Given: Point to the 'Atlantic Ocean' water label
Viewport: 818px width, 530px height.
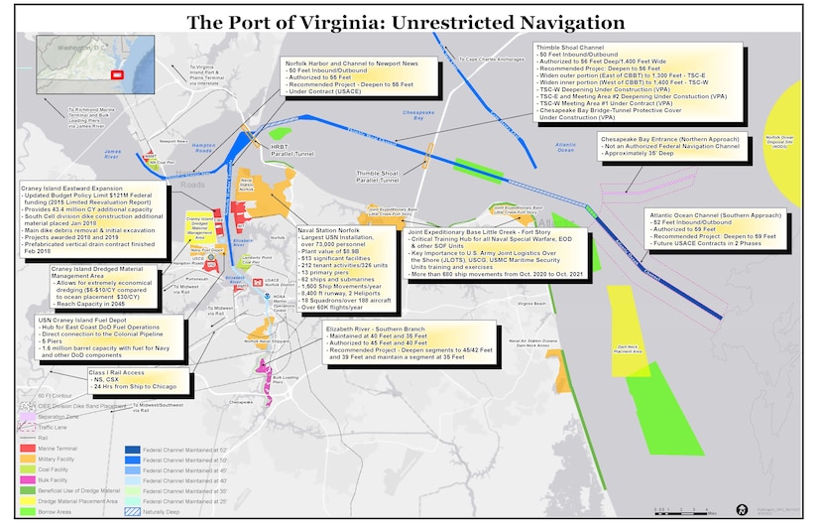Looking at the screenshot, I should click(x=565, y=147).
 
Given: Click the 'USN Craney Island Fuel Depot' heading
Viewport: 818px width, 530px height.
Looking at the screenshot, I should click(x=87, y=321).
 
